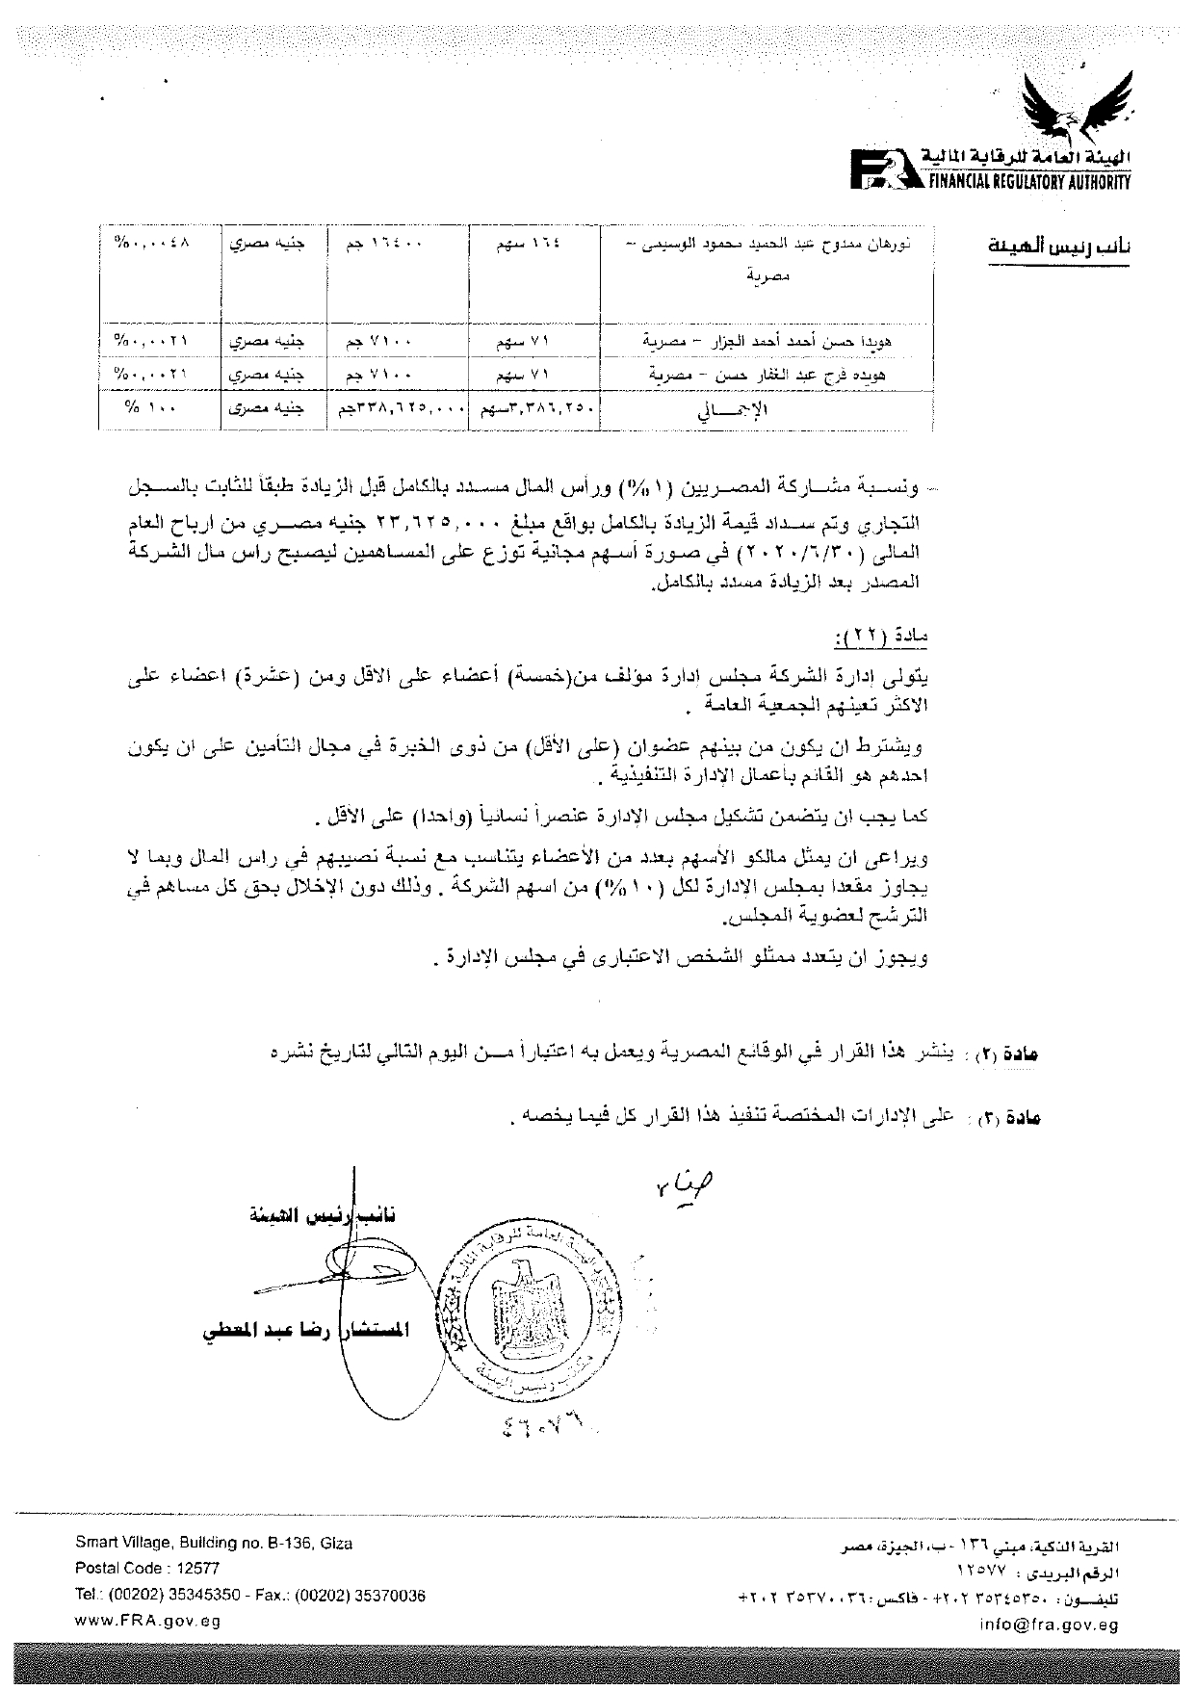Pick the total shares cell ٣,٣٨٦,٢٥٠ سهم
535,408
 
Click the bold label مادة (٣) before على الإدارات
1018,1118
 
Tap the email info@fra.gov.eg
1063,1624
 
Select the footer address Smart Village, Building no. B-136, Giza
214,1543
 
